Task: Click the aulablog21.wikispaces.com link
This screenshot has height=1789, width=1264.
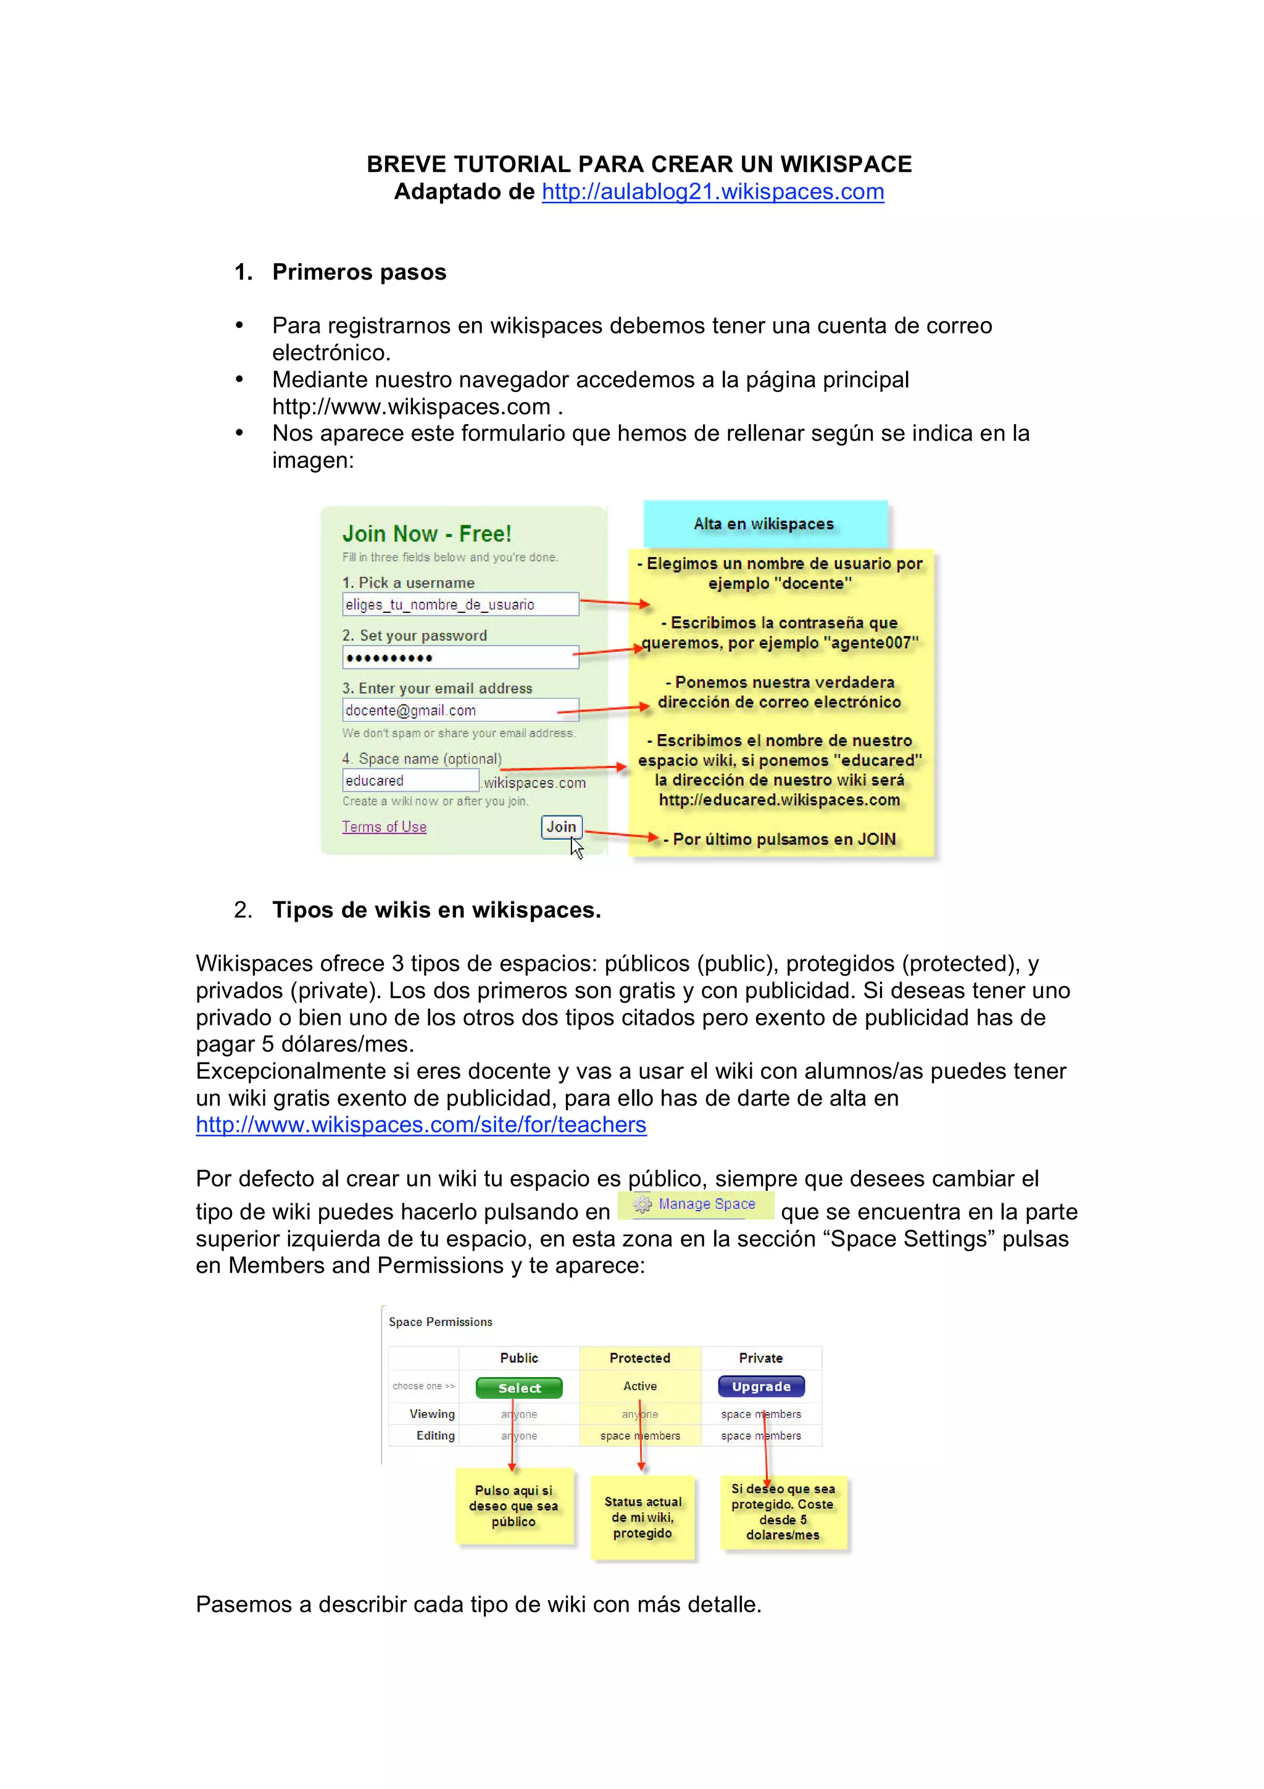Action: click(x=713, y=191)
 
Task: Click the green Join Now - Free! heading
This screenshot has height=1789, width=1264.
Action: click(x=426, y=534)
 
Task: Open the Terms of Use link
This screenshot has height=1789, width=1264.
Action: click(x=384, y=827)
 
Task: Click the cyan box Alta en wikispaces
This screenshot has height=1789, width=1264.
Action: click(x=765, y=523)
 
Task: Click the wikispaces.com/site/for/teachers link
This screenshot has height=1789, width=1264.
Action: click(x=420, y=1125)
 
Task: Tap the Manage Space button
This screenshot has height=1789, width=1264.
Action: click(x=696, y=1204)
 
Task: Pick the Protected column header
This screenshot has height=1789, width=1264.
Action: click(x=639, y=1358)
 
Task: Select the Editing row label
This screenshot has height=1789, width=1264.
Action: click(x=434, y=1435)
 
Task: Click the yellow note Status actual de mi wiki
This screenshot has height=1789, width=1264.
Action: click(x=642, y=1517)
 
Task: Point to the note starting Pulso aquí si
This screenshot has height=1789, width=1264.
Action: click(x=514, y=1506)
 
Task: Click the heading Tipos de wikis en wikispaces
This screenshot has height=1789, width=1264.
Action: click(x=436, y=910)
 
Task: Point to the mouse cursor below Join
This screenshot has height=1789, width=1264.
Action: click(x=576, y=848)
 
